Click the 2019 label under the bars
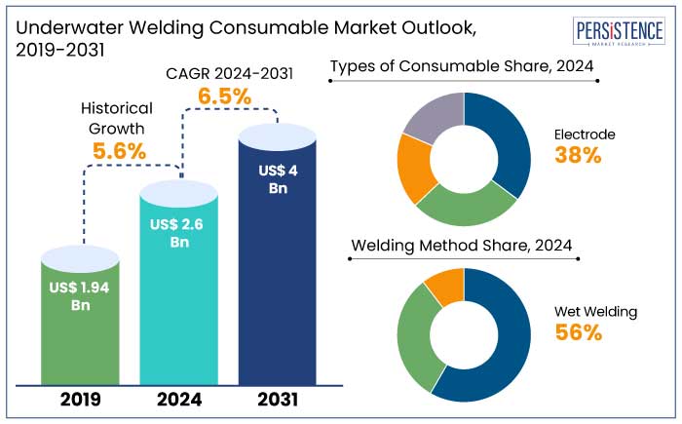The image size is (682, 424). pos(82,398)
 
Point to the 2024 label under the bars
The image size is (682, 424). pos(179,398)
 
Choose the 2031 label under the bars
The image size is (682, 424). pos(277,398)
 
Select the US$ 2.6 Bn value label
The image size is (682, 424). pos(179,233)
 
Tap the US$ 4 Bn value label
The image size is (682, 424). pos(277,179)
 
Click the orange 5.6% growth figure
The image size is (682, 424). pos(119,151)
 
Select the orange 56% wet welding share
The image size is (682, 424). pos(579,332)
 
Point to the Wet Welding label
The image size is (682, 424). pos(595,312)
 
